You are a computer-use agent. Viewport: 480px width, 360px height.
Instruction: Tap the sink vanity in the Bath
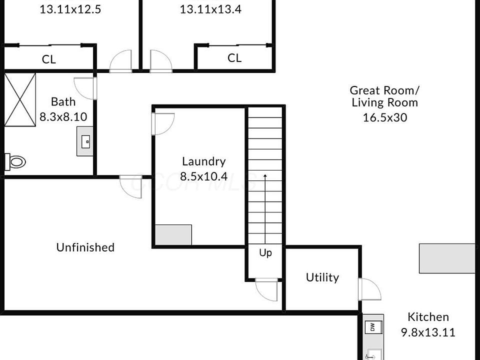[x=84, y=141]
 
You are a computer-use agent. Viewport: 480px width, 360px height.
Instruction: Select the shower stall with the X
[x=20, y=99]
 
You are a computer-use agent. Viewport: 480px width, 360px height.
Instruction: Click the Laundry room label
[x=203, y=161]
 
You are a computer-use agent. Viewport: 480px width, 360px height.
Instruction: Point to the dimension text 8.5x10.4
[x=203, y=176]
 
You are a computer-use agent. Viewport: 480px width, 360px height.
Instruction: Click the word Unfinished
[x=85, y=247]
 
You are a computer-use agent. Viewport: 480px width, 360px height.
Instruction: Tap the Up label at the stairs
[x=265, y=253]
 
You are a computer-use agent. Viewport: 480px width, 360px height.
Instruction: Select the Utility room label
[x=322, y=277]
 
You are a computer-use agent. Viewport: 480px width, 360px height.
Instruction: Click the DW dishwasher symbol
[x=371, y=327]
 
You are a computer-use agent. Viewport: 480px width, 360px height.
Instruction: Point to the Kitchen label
[x=428, y=316]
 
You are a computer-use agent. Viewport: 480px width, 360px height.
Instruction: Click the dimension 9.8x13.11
[x=428, y=332]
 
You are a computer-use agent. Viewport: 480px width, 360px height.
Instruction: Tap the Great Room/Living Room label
[x=384, y=96]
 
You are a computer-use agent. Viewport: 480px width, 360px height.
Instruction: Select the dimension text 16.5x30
[x=384, y=117]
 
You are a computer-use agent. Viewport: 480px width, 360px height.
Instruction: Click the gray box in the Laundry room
[x=173, y=235]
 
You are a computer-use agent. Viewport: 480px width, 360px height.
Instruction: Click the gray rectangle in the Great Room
[x=446, y=258]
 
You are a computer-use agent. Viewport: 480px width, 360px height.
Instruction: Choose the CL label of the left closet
[x=49, y=59]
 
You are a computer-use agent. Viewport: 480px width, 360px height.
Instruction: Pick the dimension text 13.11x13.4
[x=210, y=9]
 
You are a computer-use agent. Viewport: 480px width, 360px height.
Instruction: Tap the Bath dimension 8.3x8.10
[x=63, y=117]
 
